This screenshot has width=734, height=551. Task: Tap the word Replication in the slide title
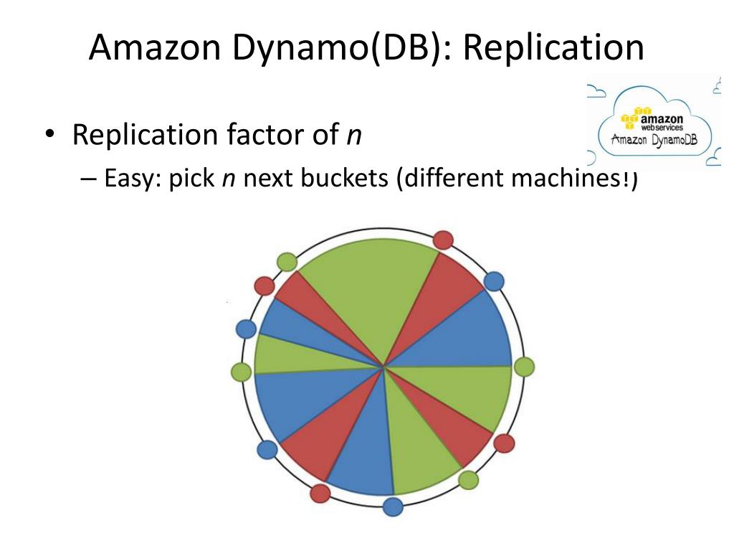pos(553,48)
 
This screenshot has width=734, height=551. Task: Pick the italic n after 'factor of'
pos(353,136)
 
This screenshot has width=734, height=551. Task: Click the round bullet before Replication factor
pos(49,136)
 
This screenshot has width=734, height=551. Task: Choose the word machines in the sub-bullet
pos(560,178)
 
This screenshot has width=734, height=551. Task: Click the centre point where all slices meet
pos(384,367)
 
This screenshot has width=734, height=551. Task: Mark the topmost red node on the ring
pos(444,240)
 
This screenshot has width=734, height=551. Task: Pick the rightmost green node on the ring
pos(525,367)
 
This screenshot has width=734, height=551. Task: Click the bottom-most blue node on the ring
pos(393,507)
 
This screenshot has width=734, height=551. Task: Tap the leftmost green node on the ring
pos(242,372)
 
